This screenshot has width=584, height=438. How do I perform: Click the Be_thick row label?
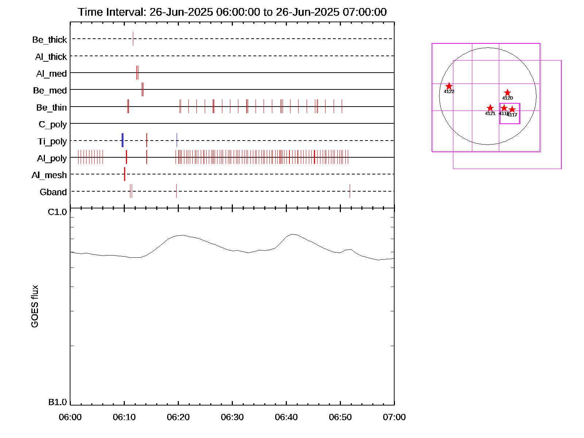click(x=50, y=40)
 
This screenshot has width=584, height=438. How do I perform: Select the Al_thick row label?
click(x=51, y=57)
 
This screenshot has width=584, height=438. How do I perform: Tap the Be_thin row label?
click(x=51, y=108)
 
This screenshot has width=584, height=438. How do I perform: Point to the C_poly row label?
click(x=53, y=125)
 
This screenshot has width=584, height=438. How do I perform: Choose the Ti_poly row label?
click(x=52, y=142)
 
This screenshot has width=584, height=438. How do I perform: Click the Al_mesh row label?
click(x=49, y=176)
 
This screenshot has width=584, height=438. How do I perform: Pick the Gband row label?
click(x=53, y=192)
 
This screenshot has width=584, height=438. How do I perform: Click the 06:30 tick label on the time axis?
click(x=232, y=417)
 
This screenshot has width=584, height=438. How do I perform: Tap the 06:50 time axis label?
click(x=340, y=417)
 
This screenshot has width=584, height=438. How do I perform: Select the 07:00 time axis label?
click(x=394, y=417)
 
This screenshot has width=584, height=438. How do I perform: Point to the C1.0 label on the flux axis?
click(x=58, y=212)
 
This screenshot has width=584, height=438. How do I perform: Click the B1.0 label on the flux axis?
click(x=58, y=402)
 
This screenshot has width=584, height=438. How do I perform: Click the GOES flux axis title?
click(x=35, y=307)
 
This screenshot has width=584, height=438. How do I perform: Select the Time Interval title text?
click(x=232, y=12)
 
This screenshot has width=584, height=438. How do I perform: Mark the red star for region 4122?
click(x=449, y=86)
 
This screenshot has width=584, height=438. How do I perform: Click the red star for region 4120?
click(x=507, y=93)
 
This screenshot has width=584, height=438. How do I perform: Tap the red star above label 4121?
click(x=490, y=108)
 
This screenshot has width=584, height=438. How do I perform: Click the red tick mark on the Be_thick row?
click(x=133, y=39)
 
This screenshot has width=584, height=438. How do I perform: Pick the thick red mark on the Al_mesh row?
click(x=124, y=174)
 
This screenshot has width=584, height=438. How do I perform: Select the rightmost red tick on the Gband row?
click(x=350, y=191)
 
